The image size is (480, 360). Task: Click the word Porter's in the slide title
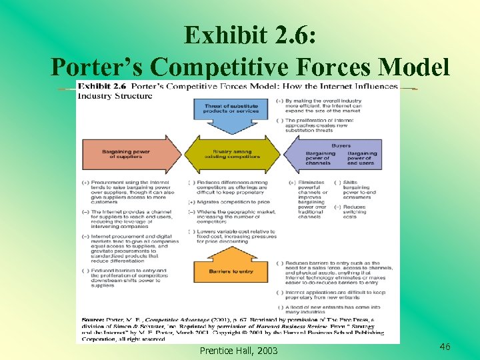tap(97, 67)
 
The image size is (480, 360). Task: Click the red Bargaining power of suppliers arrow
tap(129, 155)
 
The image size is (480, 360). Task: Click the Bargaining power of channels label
tap(320, 159)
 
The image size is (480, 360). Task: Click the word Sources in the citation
tap(93, 319)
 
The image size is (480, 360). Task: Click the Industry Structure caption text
tap(115, 95)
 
